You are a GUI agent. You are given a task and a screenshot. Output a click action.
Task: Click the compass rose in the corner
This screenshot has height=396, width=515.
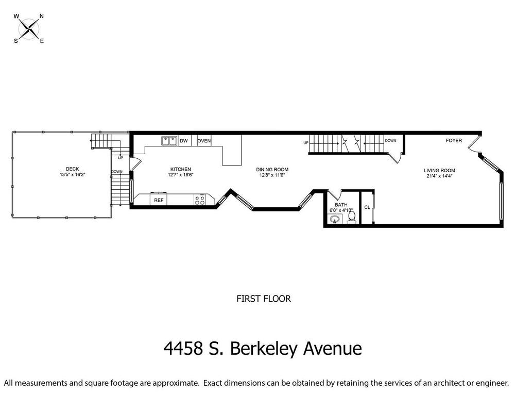click(x=29, y=28)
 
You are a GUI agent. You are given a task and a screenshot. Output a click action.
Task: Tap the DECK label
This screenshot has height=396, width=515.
click(x=72, y=169)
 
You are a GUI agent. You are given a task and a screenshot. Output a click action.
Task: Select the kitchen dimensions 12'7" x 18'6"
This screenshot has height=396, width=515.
click(x=180, y=175)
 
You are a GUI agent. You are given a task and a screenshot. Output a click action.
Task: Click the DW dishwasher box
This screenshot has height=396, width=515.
click(x=184, y=141)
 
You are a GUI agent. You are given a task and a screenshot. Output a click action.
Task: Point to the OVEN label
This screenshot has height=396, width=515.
click(x=204, y=141)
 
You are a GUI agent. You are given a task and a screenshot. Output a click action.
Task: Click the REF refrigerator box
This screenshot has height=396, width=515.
click(x=159, y=200)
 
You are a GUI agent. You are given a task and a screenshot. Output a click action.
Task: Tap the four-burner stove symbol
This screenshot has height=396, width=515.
click(x=200, y=200)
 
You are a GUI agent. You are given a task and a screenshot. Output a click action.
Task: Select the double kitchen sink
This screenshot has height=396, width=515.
click(x=169, y=141)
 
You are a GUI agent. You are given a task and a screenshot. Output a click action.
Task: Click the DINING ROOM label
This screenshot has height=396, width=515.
click(x=272, y=170)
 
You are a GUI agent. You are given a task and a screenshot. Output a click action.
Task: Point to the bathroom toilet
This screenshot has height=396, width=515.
click(x=351, y=217)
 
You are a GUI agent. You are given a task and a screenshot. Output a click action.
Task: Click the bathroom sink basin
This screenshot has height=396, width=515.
click(x=335, y=219)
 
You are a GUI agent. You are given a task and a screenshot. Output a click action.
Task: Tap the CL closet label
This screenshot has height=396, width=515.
click(x=367, y=207)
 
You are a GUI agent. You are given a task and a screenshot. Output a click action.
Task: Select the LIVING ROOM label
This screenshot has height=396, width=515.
click(x=439, y=170)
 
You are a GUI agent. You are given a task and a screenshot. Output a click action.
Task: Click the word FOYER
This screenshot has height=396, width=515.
click(x=454, y=140)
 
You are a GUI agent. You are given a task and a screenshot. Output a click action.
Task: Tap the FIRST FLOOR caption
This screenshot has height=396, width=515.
click(x=264, y=299)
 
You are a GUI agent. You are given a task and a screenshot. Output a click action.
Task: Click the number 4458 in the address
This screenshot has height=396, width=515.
click(x=183, y=349)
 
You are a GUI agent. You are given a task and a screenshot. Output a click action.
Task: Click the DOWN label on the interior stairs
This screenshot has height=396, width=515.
click(x=390, y=140)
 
